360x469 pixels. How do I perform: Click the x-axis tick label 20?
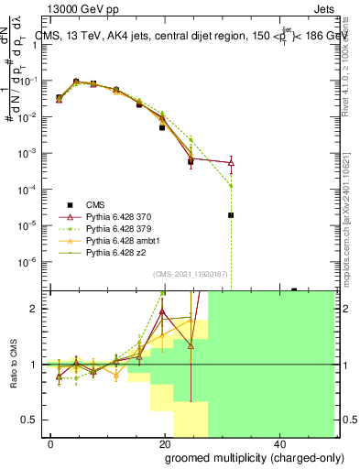pyautogui.click(x=165, y=442)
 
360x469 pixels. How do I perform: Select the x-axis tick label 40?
pyautogui.click(x=279, y=442)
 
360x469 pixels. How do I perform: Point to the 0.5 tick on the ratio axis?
pyautogui.click(x=30, y=420)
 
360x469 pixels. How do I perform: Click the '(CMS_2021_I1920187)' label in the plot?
pyautogui.click(x=193, y=274)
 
